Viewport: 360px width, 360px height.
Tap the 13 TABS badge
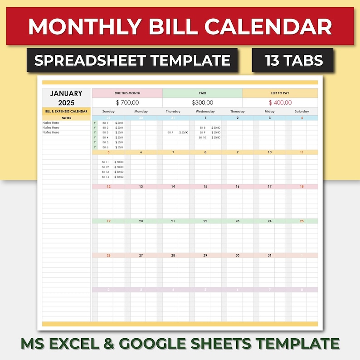[292, 60]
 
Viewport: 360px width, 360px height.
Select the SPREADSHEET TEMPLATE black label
[132, 60]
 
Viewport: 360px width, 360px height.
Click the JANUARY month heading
[66, 93]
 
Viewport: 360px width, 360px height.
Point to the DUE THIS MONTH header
[127, 93]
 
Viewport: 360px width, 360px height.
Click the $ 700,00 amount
[127, 103]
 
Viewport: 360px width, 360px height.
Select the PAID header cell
[202, 93]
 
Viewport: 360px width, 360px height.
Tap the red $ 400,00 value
[280, 103]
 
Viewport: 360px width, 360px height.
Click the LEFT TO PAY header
[280, 93]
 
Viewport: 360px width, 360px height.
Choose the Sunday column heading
[108, 111]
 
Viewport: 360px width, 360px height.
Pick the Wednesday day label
[205, 111]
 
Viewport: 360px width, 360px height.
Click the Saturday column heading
[302, 111]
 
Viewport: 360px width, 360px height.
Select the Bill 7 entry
[170, 132]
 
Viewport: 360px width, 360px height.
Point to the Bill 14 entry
[105, 177]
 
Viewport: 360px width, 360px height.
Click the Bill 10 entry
[202, 137]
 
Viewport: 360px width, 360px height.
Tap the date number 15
[205, 186]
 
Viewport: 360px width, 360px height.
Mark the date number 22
[205, 221]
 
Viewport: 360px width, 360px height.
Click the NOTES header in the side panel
[66, 118]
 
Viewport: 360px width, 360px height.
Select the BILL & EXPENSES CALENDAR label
[66, 111]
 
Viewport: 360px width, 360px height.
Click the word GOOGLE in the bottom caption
[167, 343]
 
